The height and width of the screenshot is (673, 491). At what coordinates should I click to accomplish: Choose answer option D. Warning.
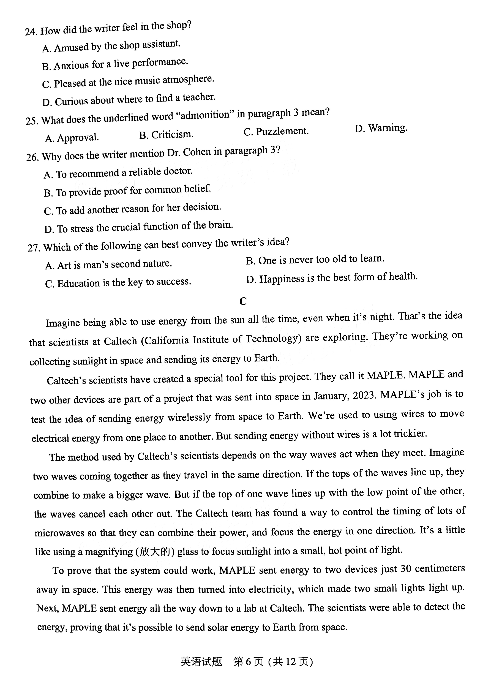(x=381, y=128)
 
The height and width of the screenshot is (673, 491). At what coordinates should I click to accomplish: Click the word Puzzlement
(x=282, y=131)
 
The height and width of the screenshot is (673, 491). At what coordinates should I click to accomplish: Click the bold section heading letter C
(x=243, y=301)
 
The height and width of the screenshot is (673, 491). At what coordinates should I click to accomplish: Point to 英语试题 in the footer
(x=201, y=662)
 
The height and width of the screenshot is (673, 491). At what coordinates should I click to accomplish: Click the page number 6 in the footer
(x=249, y=662)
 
